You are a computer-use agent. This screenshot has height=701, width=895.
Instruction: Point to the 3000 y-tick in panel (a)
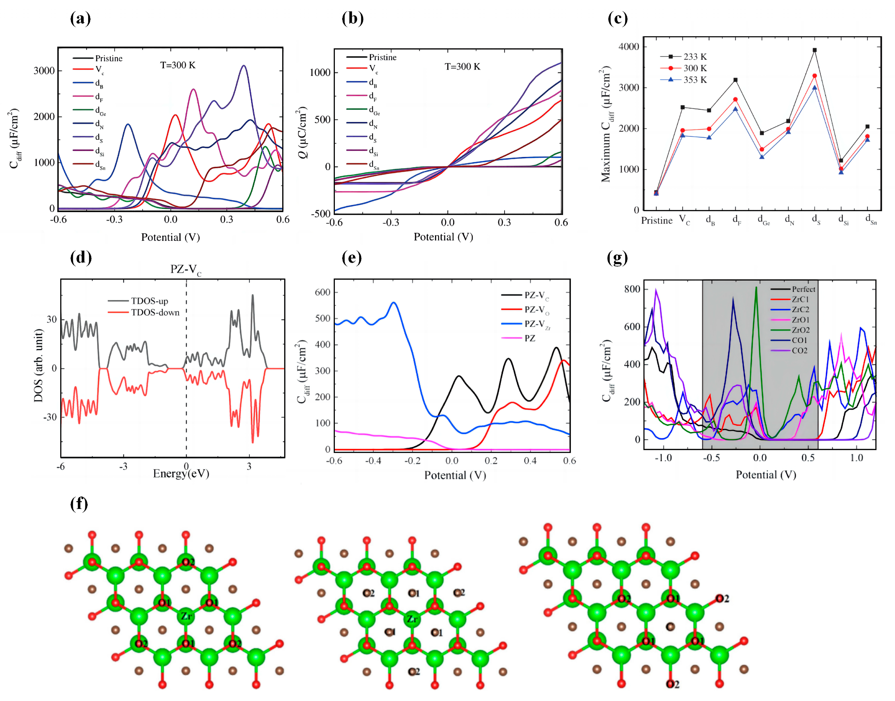point(44,71)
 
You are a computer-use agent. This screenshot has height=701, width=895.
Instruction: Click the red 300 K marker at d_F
point(735,99)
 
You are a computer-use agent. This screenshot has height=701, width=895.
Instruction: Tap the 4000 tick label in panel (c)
point(629,47)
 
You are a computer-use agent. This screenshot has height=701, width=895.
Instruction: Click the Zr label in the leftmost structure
point(186,616)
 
